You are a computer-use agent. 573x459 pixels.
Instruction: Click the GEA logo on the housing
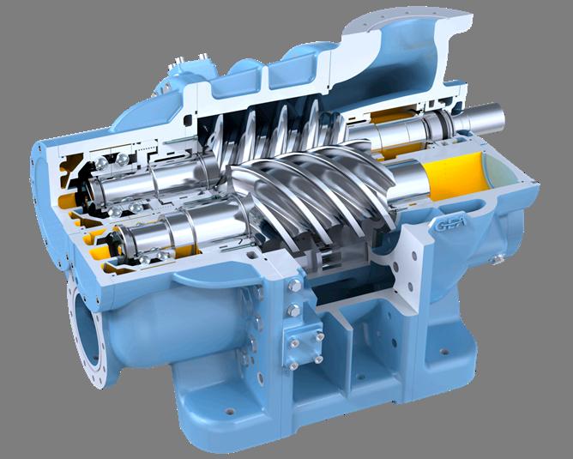pyautogui.click(x=450, y=222)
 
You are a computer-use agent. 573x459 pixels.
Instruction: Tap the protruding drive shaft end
pyautogui.click(x=482, y=117)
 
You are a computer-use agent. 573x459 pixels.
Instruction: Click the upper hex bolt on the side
pyautogui.click(x=294, y=285)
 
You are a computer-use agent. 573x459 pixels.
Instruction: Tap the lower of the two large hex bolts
pyautogui.click(x=293, y=311)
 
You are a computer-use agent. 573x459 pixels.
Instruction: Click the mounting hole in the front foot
pyautogui.click(x=230, y=411)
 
